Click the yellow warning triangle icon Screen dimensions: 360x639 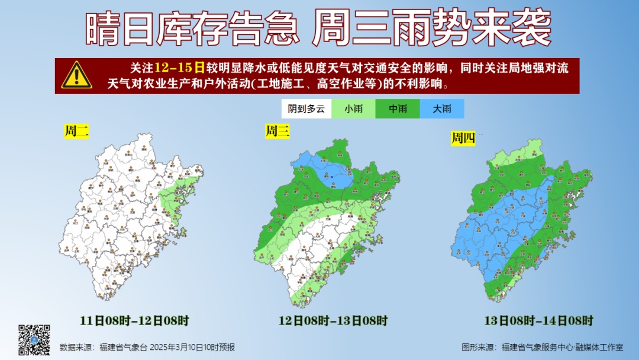click(x=77, y=75)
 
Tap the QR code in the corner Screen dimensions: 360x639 click(x=34, y=339)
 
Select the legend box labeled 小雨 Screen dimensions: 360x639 click(x=353, y=108)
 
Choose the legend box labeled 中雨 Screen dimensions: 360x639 click(x=398, y=108)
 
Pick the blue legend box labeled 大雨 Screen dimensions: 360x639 click(x=442, y=108)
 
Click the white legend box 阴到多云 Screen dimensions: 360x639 click(x=306, y=108)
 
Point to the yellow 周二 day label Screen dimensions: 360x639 click(x=76, y=131)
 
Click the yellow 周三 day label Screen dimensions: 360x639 click(x=277, y=131)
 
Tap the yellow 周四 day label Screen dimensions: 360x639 click(x=463, y=139)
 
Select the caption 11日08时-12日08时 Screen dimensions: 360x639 click(x=134, y=321)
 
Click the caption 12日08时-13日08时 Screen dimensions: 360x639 click(x=333, y=321)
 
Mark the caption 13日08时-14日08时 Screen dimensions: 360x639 click(x=538, y=321)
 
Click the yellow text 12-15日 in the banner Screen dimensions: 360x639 click(x=179, y=67)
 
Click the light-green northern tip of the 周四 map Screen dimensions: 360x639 click(x=521, y=155)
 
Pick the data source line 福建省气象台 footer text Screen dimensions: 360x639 click(x=147, y=347)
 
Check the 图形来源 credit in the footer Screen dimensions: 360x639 click(x=542, y=347)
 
